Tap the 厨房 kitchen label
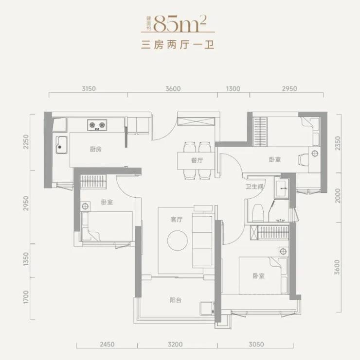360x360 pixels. click(96, 149)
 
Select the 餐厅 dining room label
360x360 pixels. click(197, 160)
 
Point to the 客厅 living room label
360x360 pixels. click(177, 220)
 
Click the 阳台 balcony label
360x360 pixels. click(176, 300)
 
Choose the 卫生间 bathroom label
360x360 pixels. click(254, 187)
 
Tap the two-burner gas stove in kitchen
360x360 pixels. click(97, 125)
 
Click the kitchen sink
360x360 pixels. click(61, 145)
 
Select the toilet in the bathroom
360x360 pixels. click(258, 213)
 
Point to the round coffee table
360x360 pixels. click(178, 240)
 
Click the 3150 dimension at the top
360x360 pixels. click(89, 88)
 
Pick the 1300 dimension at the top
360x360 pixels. click(233, 88)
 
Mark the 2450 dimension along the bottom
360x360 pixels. click(107, 344)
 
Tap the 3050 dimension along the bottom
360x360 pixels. click(256, 344)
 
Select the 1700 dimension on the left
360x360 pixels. click(26, 297)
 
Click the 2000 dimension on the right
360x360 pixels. click(338, 196)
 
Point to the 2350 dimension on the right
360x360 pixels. click(338, 143)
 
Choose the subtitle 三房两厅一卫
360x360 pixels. click(178, 45)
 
